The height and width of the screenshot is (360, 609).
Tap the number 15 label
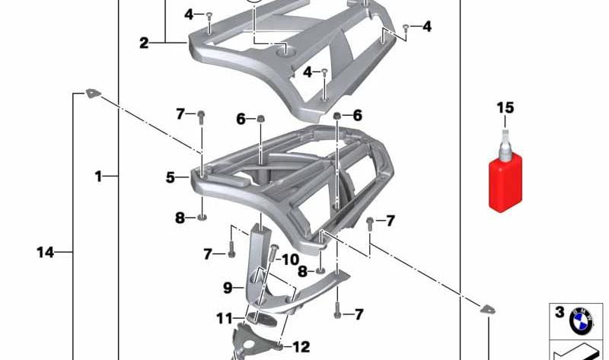505,107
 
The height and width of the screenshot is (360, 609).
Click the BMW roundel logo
581,320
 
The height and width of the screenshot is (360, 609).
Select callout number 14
46,253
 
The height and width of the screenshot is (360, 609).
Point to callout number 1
98,177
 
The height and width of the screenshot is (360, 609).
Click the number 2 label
144,43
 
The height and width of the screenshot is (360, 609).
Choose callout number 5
171,177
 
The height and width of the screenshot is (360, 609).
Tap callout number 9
228,288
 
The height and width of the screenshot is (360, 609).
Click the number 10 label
291,260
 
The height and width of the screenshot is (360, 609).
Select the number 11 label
225,319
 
